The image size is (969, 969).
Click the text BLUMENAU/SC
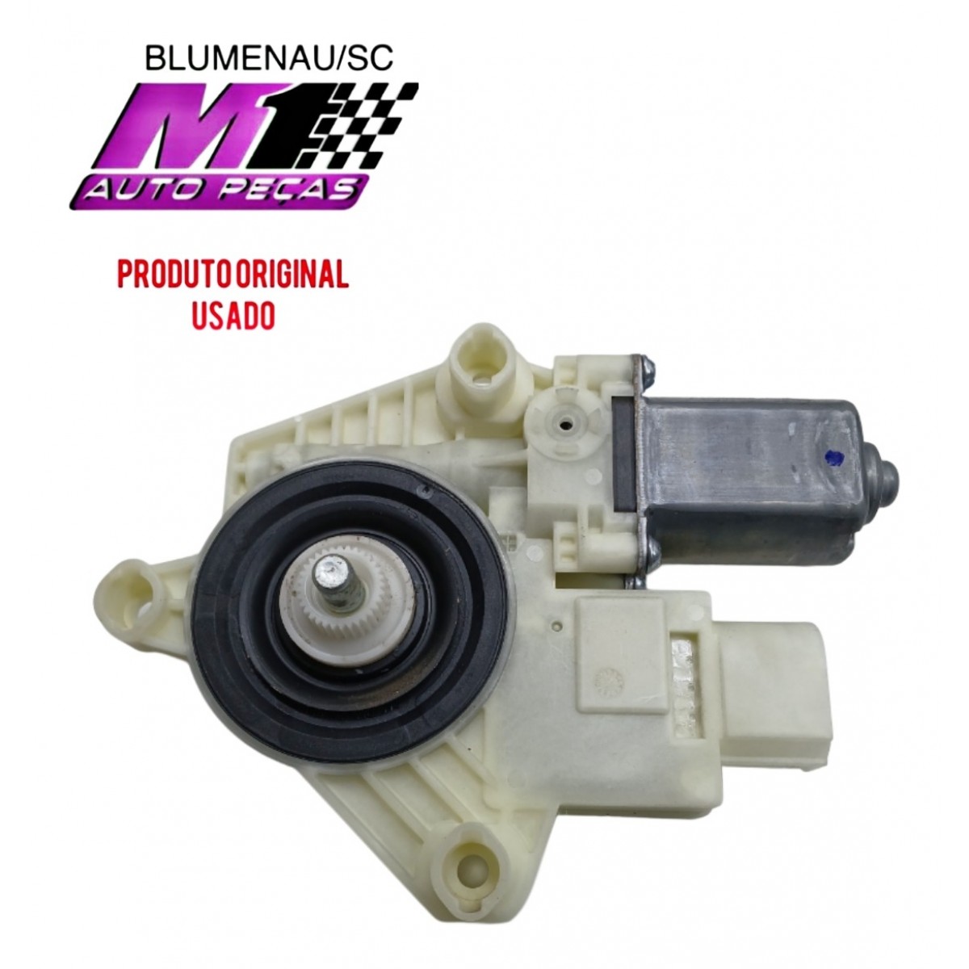[269, 59]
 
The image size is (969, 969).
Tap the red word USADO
[234, 314]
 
